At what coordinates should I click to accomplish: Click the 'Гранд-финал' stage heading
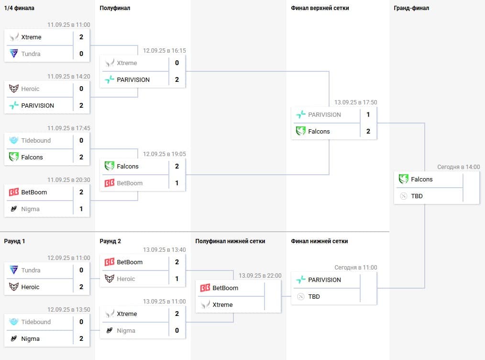[411, 8]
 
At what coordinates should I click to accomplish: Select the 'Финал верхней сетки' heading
[320, 8]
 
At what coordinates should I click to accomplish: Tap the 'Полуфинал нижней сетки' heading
[230, 241]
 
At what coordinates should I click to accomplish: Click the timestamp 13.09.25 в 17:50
[355, 102]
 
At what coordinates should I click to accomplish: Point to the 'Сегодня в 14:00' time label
[458, 167]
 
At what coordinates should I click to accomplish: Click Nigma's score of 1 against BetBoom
[81, 209]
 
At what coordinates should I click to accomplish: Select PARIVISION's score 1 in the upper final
[368, 115]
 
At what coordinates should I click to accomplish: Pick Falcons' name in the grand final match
[421, 180]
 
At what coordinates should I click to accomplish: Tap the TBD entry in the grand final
[417, 196]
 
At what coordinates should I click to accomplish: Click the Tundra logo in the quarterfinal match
[14, 54]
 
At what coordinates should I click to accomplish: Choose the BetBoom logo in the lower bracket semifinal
[205, 288]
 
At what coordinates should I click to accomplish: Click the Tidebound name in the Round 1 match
[36, 322]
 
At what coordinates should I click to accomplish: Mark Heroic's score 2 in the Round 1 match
[81, 287]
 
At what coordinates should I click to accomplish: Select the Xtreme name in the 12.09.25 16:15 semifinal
[127, 63]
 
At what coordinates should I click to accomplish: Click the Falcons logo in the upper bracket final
[301, 132]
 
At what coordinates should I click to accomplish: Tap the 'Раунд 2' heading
[110, 241]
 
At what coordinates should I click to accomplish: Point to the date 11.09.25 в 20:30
[68, 180]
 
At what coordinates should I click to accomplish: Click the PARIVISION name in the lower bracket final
[324, 280]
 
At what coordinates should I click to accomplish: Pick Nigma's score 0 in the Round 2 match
[177, 331]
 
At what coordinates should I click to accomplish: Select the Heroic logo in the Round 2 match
[110, 279]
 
